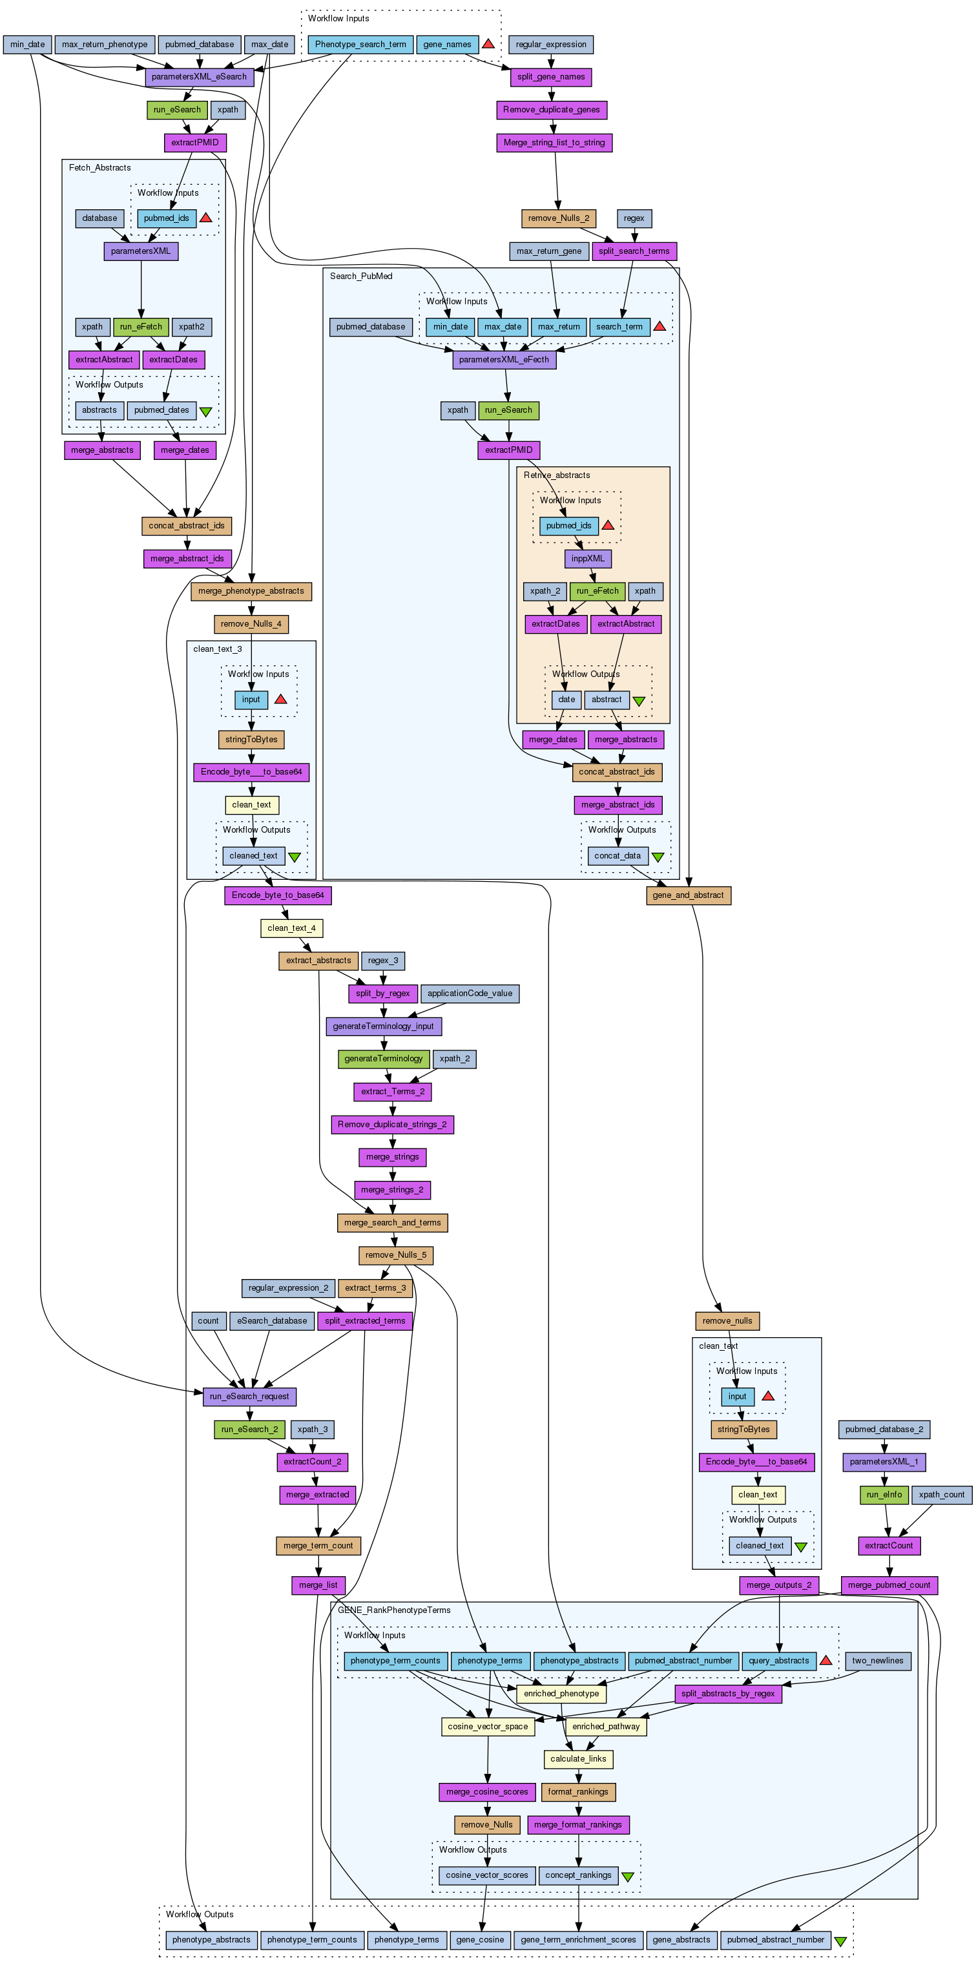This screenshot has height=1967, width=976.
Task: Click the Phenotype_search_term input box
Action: (360, 45)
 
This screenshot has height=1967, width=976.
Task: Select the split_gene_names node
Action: (550, 77)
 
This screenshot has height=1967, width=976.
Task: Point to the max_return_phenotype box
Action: (105, 45)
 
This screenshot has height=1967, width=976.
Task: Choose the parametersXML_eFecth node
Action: (504, 360)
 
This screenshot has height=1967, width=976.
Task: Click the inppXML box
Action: (588, 559)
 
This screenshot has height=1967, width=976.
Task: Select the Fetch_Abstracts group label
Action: (99, 168)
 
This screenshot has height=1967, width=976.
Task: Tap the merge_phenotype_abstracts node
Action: (251, 591)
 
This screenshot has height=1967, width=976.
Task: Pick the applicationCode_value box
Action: (470, 994)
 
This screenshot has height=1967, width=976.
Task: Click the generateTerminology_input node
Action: (384, 1026)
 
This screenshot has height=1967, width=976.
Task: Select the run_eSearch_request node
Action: (249, 1397)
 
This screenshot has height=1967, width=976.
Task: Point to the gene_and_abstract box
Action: (688, 895)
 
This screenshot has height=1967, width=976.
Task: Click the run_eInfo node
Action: (884, 1495)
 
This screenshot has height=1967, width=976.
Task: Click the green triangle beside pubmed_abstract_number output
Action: (841, 1939)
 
